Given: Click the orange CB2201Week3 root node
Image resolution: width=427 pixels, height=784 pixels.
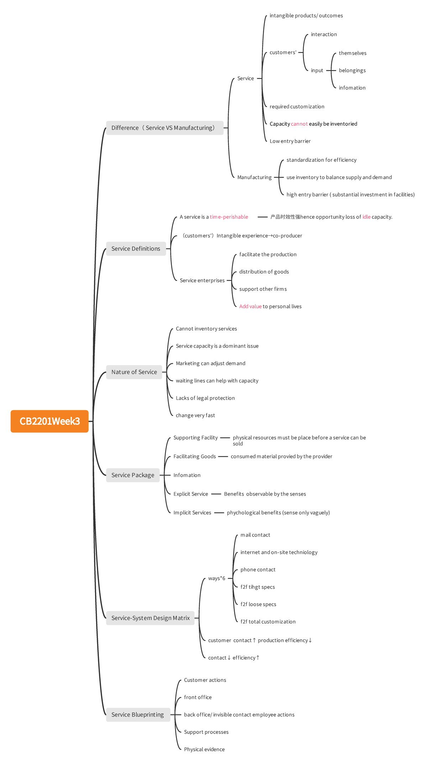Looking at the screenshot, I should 49,421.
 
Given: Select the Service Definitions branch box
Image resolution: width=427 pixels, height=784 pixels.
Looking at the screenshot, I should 136,249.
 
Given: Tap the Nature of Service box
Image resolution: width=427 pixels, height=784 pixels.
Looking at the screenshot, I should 134,372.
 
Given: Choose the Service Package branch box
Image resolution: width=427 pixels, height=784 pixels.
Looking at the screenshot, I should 133,475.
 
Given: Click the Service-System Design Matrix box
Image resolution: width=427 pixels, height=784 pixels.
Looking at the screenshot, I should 151,618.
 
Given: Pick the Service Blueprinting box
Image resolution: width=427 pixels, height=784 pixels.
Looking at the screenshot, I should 138,715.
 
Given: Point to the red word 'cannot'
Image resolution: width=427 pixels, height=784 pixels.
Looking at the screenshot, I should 299,124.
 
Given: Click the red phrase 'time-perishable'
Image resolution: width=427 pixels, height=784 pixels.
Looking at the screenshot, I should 229,217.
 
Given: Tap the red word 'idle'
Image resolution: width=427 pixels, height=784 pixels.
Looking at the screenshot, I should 367,217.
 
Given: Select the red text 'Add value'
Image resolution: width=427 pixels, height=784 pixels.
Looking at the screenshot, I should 251,306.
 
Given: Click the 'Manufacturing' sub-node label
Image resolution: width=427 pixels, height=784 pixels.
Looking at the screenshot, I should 254,177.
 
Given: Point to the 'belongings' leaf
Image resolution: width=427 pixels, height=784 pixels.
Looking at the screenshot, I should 352,70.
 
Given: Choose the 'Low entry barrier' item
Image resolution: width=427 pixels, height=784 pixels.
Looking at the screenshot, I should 290,141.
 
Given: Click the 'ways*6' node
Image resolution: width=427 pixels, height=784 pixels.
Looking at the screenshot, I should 217,578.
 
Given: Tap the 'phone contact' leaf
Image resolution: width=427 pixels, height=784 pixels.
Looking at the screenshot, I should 258,570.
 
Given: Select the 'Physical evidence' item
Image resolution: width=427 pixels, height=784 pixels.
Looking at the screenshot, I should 204,749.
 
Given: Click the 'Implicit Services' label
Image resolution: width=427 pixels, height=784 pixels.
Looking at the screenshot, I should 192,513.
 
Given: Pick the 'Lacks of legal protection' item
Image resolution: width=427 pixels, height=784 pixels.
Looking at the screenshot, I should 205,398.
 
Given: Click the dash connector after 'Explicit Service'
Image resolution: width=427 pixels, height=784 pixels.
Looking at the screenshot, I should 216,494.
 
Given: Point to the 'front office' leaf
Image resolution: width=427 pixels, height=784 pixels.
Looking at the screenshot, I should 198,697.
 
